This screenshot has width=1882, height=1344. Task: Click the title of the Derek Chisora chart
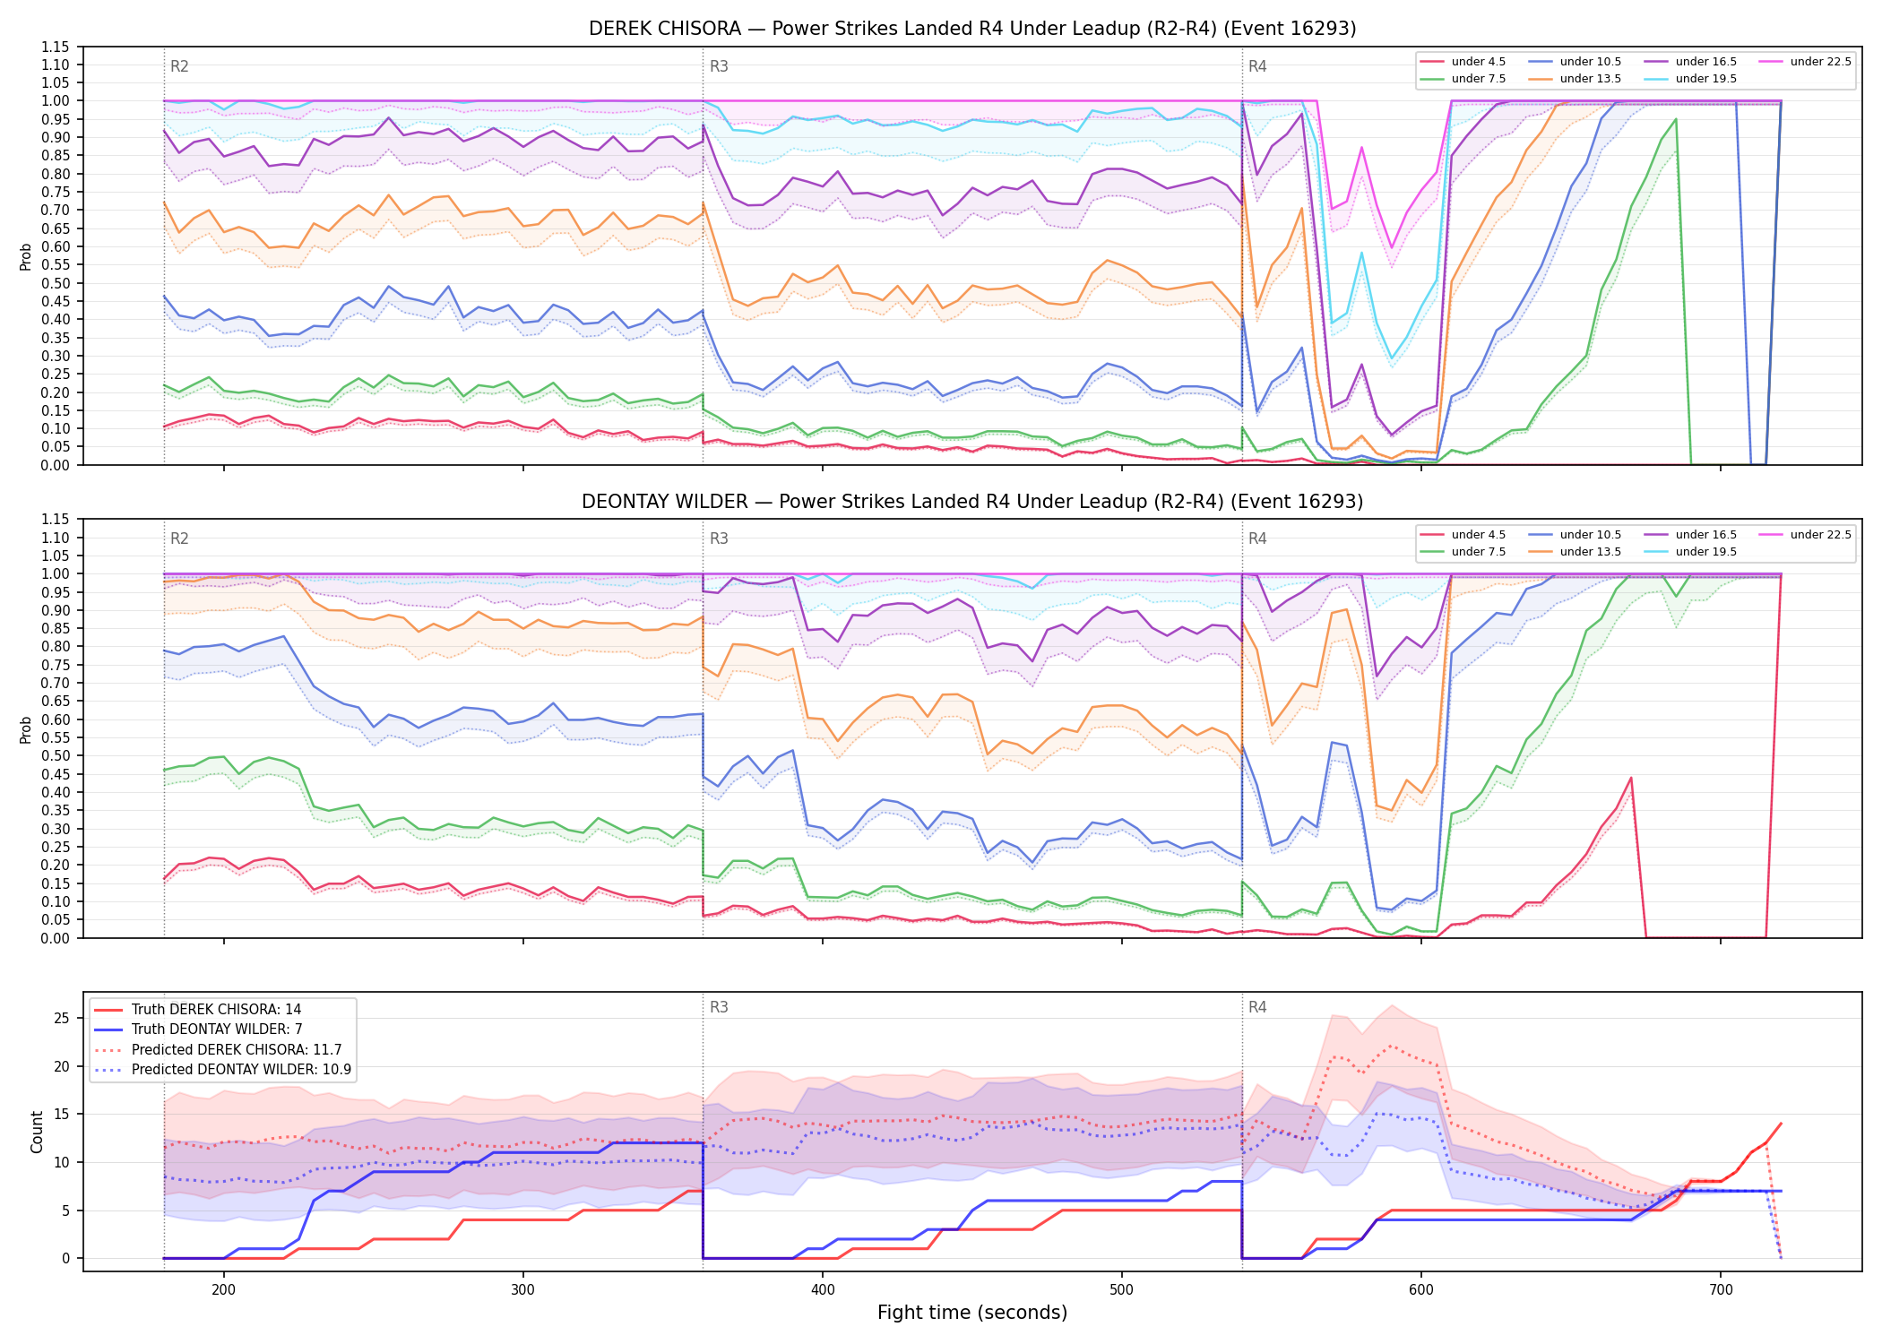pos(972,29)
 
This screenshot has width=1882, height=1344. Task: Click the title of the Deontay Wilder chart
pos(972,502)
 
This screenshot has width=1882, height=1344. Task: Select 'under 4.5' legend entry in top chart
pos(1463,62)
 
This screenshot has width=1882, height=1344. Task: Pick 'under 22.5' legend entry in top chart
pos(1805,62)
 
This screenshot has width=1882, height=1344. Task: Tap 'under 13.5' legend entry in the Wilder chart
pos(1575,552)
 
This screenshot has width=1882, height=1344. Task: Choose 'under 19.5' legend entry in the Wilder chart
pos(1690,552)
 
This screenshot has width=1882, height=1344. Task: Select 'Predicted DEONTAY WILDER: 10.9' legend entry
pos(223,1070)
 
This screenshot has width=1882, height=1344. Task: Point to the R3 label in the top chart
pos(719,66)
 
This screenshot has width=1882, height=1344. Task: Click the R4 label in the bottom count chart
pos(1257,1007)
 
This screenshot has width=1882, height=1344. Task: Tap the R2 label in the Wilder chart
pos(179,538)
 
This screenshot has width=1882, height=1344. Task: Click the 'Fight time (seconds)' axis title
pos(972,1313)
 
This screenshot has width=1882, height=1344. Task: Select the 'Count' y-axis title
pos(37,1132)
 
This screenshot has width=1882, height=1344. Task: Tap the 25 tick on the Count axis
pos(62,1018)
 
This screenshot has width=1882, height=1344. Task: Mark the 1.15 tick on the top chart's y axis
pos(56,47)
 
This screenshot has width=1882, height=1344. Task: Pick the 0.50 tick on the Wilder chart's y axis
pos(56,755)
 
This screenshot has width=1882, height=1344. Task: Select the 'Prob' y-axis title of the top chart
pos(26,257)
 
